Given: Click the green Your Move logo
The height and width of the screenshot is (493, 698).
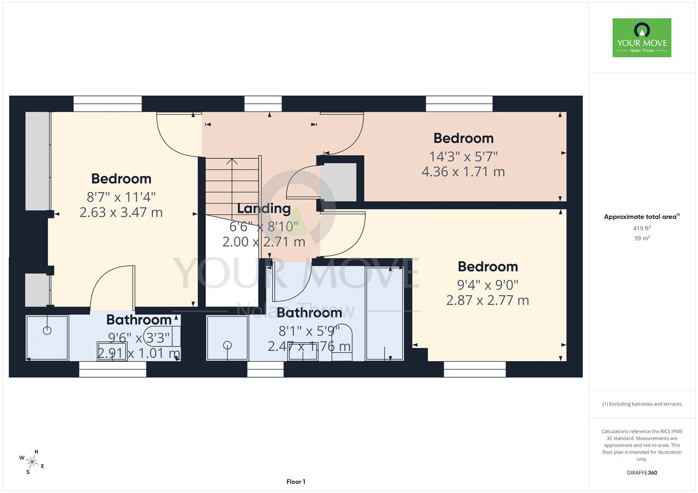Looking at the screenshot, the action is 642,37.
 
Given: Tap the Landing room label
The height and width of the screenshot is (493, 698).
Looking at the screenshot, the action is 263,209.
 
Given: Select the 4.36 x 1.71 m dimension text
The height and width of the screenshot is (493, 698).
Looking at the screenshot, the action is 463,172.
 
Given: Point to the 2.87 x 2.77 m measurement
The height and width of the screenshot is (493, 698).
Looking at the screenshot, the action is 487,300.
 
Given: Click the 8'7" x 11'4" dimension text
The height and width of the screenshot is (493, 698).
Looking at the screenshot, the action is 121,197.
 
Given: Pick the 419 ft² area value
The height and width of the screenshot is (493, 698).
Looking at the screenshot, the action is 642,228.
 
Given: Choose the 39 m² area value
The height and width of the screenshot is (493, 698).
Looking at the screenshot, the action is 642,238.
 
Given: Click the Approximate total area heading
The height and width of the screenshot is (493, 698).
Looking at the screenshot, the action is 642,217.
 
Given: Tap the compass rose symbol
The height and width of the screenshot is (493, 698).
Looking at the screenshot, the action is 32,462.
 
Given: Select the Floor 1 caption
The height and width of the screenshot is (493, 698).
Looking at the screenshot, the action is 296,482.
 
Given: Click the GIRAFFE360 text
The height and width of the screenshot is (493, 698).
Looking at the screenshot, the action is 642,473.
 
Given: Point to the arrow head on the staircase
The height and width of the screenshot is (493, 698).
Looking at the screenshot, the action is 232,161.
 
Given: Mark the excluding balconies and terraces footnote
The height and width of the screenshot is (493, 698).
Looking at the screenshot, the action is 642,404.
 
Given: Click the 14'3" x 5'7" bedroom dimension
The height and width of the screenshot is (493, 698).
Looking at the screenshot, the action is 463,156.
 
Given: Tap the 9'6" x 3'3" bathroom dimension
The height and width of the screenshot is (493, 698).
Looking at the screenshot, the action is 139,338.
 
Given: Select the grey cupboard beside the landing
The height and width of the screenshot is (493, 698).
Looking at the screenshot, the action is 338,182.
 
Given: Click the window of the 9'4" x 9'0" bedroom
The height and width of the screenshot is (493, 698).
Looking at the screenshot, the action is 475,369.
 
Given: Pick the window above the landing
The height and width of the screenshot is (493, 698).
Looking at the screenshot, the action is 263,104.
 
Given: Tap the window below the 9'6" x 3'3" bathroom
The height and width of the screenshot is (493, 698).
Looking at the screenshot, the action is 113,369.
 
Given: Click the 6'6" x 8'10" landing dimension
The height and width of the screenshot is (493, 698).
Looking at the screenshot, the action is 263,227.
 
